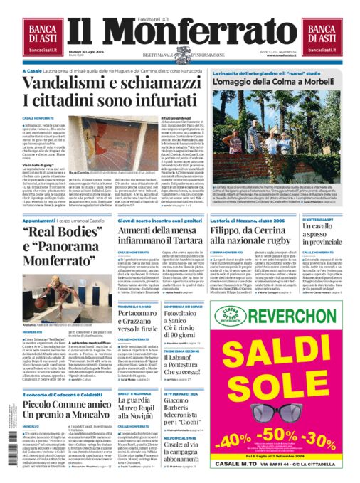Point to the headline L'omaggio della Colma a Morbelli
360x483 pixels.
coord(264,103)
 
